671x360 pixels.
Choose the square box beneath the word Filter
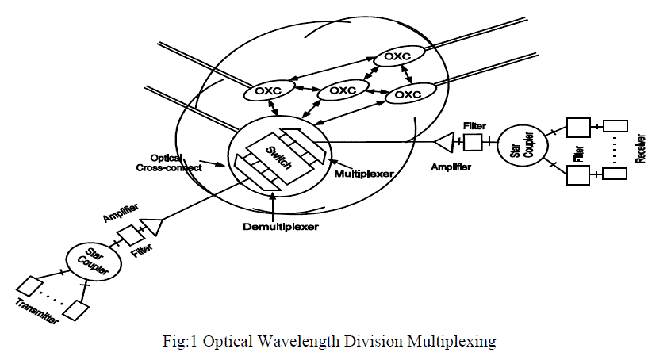coord(473,143)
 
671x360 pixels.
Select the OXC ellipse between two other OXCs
coord(342,91)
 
